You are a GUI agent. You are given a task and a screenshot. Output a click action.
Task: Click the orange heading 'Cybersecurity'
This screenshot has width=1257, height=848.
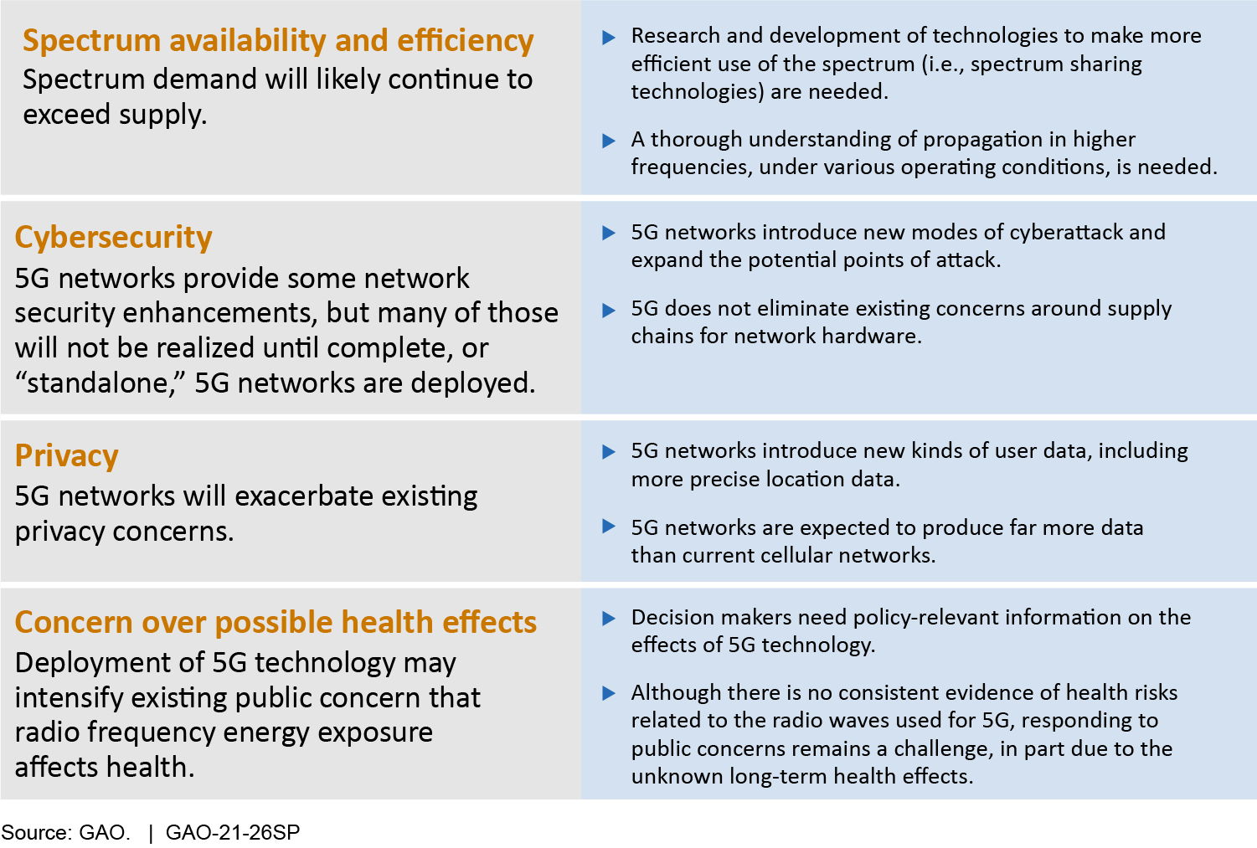(113, 238)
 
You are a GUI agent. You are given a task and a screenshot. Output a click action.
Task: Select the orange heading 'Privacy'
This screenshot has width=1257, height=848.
(66, 455)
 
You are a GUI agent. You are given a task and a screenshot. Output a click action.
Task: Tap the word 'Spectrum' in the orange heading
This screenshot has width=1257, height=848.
(92, 42)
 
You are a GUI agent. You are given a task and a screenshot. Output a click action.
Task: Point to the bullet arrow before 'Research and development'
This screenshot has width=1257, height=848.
(609, 38)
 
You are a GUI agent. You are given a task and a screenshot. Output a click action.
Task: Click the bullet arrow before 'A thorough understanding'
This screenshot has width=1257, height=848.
(609, 141)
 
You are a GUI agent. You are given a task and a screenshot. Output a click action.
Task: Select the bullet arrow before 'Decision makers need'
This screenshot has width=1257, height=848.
(609, 619)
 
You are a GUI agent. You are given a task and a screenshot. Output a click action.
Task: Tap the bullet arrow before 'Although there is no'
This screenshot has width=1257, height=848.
(609, 694)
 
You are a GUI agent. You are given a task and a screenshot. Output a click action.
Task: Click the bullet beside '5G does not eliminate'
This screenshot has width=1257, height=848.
(609, 310)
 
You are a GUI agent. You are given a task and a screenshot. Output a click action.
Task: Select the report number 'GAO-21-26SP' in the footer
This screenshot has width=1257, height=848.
(233, 832)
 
